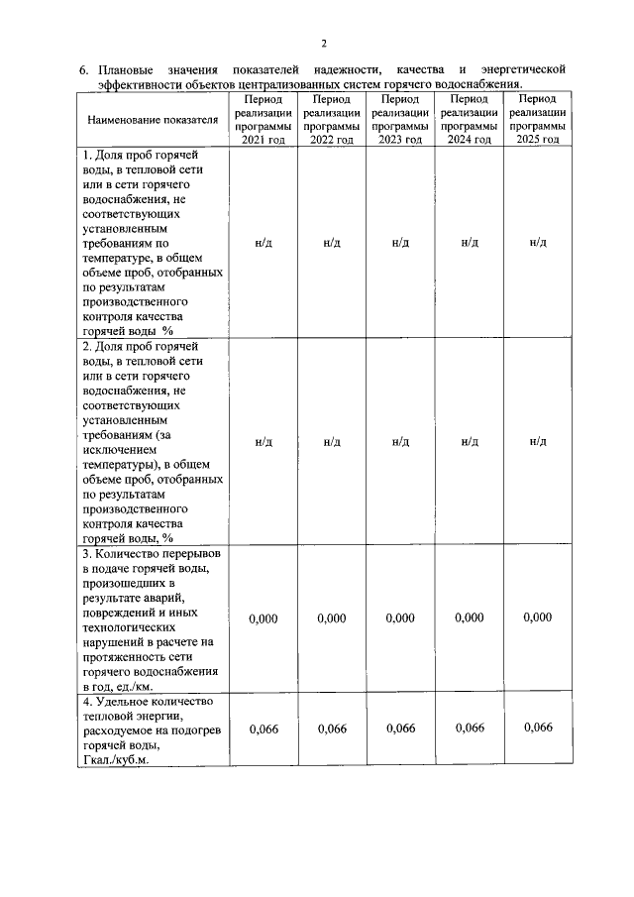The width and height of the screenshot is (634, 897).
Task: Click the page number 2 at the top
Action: (x=323, y=43)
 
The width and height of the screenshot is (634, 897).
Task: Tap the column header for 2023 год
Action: (x=400, y=120)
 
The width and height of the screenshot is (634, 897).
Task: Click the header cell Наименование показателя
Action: (x=153, y=121)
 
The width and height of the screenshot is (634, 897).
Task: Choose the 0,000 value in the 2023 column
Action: (x=400, y=618)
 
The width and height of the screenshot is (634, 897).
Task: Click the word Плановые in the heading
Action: (x=127, y=70)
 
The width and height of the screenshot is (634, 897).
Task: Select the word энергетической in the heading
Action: (x=522, y=70)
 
